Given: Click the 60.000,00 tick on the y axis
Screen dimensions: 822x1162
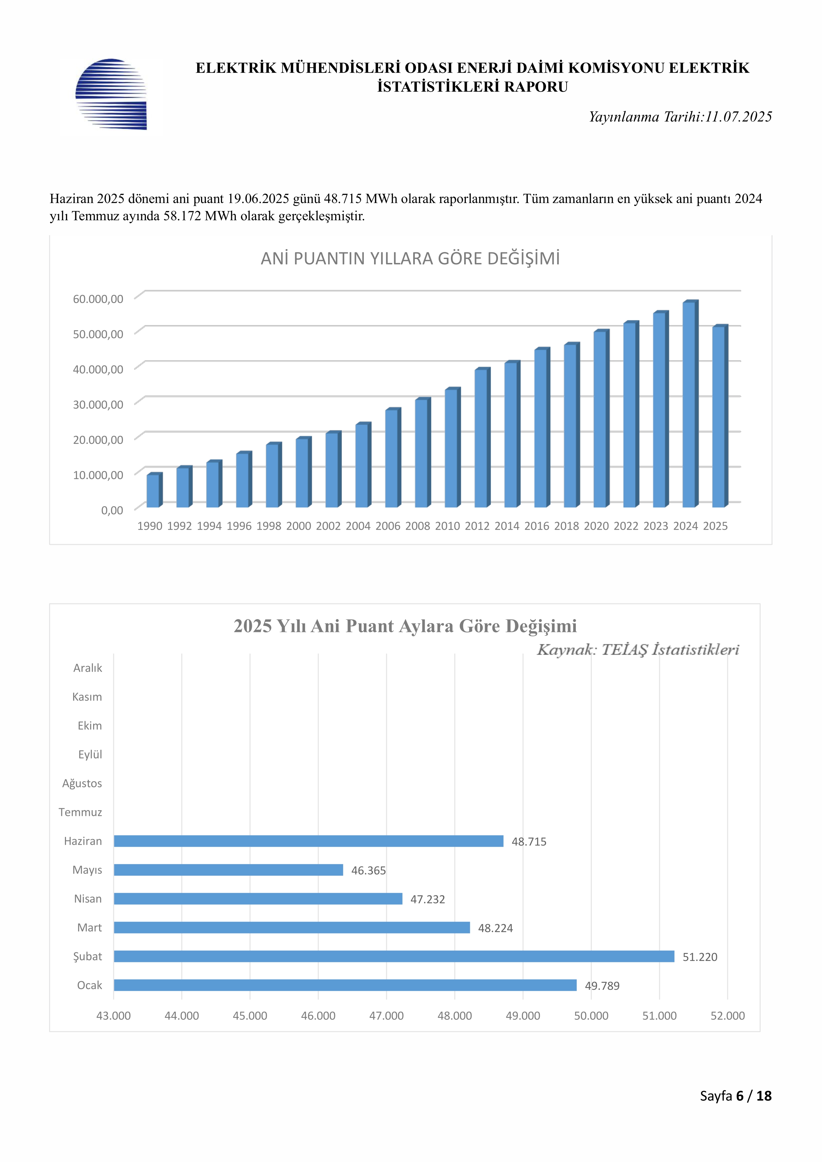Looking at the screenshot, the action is [x=98, y=299].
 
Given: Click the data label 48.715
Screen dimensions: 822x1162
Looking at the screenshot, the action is [x=529, y=842].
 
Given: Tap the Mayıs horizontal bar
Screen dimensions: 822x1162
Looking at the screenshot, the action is [x=228, y=870].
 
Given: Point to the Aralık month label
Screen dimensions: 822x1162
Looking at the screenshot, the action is [x=87, y=668].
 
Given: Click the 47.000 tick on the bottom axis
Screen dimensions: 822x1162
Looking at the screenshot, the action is [x=386, y=1016].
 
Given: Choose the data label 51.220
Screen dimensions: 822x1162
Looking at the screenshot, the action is [x=700, y=957].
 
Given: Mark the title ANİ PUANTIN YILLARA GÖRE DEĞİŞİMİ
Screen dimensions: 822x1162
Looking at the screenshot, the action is [x=411, y=259].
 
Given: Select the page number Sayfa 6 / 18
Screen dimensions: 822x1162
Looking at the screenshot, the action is [x=736, y=1096].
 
